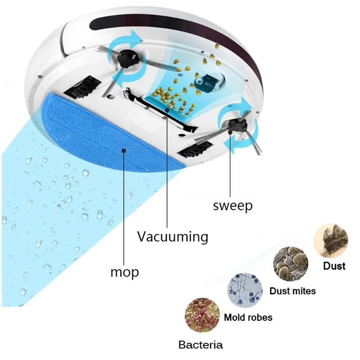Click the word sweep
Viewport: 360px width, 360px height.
pyautogui.click(x=233, y=206)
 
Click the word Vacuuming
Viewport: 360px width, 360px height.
pyautogui.click(x=173, y=237)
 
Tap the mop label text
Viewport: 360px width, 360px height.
pyautogui.click(x=125, y=272)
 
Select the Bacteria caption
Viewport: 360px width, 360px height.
pyautogui.click(x=200, y=345)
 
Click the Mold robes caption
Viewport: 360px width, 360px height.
pyautogui.click(x=248, y=318)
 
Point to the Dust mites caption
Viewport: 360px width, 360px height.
pyautogui.click(x=292, y=291)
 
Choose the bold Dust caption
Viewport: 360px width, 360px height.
pyautogui.click(x=334, y=266)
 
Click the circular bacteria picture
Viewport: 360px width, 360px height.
pyautogui.click(x=202, y=315)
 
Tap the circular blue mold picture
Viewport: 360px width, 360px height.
pyautogui.click(x=245, y=290)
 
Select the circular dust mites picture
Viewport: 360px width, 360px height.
pyautogui.click(x=291, y=264)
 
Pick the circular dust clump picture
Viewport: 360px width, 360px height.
pyautogui.click(x=331, y=241)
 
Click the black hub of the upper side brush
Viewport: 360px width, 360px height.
pyautogui.click(x=126, y=60)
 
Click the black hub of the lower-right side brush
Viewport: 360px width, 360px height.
pyautogui.click(x=238, y=126)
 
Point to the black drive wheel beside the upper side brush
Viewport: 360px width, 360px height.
pyautogui.click(x=82, y=87)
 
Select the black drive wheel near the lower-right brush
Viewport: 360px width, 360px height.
pyautogui.click(x=195, y=149)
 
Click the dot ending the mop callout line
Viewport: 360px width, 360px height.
pyautogui.click(x=124, y=151)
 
